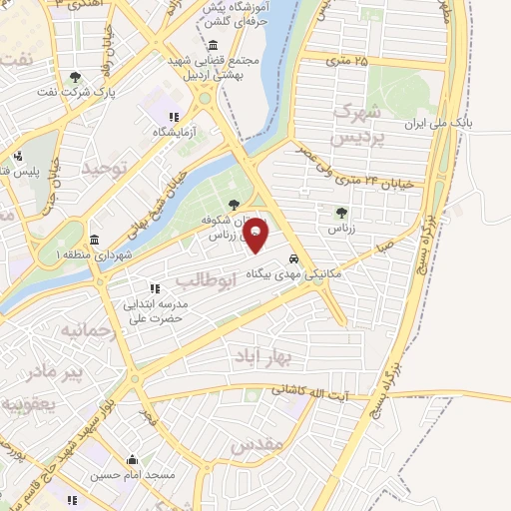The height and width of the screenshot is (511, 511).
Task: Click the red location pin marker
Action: click(255, 236)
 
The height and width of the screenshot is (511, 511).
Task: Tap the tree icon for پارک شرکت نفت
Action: click(76, 77)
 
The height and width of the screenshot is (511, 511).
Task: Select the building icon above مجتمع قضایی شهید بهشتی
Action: click(214, 46)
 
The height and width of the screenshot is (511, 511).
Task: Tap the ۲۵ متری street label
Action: click(347, 62)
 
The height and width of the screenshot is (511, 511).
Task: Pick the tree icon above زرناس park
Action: click(342, 213)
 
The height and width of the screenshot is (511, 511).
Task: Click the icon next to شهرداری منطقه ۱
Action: click(94, 241)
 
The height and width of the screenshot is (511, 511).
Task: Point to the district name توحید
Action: click(107, 170)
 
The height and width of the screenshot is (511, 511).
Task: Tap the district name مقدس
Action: click(257, 444)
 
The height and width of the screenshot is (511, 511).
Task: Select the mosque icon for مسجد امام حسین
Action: click(132, 459)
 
